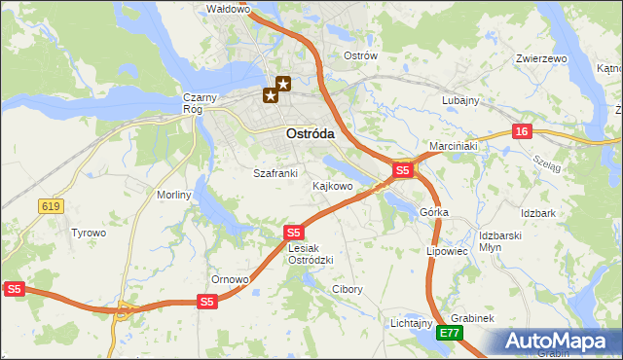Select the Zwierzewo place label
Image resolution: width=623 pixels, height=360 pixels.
pos(542,58)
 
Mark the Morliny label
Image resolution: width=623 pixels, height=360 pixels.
pos(175,195)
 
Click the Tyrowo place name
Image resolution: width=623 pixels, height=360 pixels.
pos(88,233)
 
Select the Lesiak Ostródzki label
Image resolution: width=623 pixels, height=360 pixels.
pos(311,254)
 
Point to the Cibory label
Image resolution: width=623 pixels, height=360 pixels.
pos(348,289)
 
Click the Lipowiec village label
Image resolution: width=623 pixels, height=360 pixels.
pos(448,250)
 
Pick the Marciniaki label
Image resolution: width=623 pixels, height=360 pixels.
pos(453,146)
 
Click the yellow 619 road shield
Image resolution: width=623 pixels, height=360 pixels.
pos(51,205)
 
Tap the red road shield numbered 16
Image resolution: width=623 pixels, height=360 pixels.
pos(523,131)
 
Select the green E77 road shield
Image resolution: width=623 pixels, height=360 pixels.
pos(449,333)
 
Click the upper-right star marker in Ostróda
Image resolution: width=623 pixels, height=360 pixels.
pos(283,84)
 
